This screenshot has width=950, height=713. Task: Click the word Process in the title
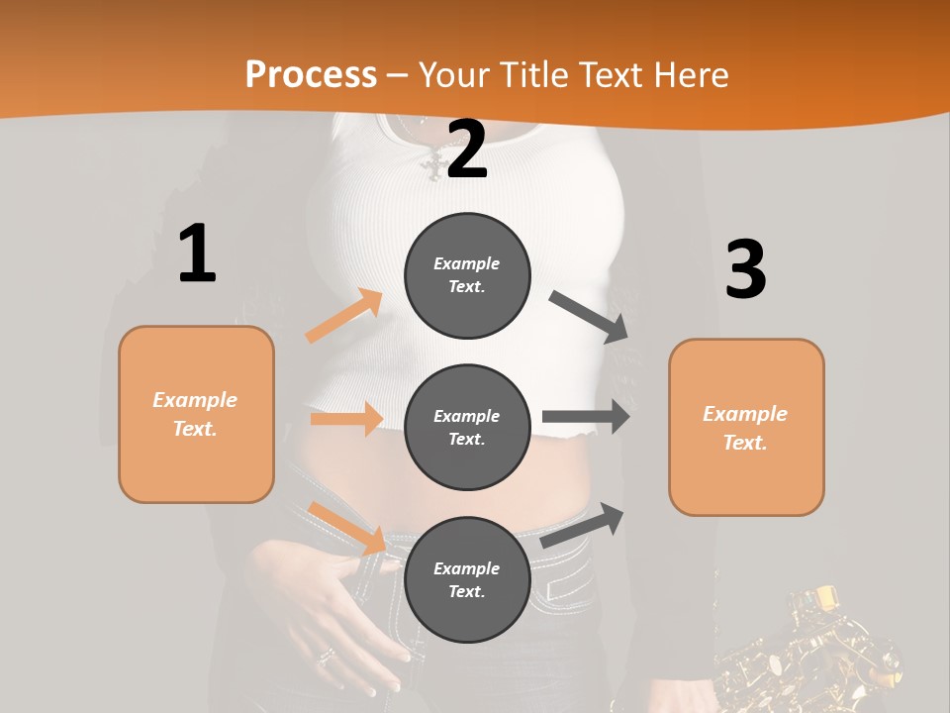[x=311, y=74]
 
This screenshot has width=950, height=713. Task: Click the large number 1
[x=197, y=254]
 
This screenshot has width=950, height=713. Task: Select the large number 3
[x=745, y=269]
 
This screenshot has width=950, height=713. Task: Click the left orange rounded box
[x=196, y=414]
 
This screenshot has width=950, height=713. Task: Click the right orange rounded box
[x=746, y=427]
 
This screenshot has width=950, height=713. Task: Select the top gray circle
[x=467, y=275]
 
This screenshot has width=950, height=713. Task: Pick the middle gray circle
[x=467, y=427]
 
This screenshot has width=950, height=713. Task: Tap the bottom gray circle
[x=467, y=579]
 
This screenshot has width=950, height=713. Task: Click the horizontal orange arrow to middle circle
[x=346, y=419]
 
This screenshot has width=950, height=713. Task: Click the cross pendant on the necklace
[x=432, y=166]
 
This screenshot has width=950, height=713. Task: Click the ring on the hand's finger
[x=326, y=657]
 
